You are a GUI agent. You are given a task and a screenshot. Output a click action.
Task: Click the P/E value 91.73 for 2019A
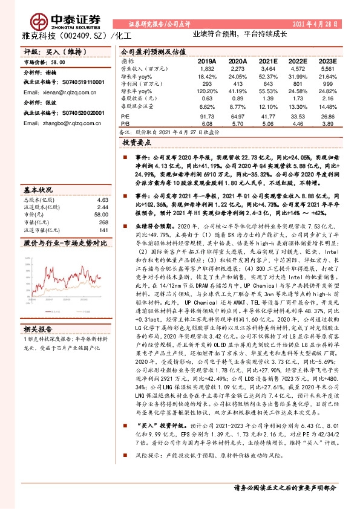207,116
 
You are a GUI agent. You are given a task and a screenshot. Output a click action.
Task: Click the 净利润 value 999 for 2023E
327,84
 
